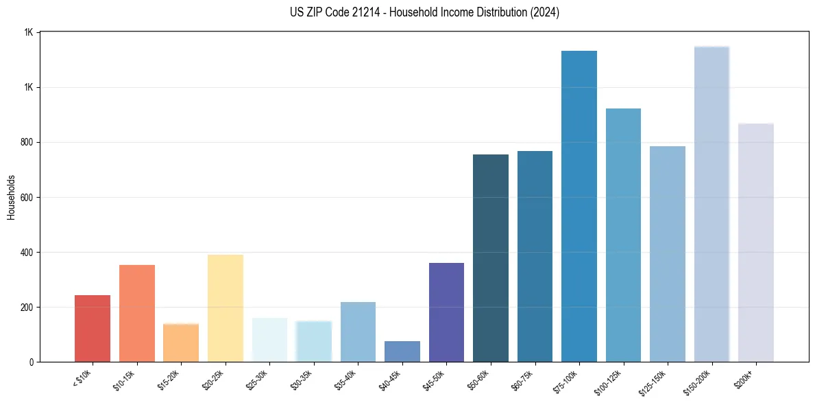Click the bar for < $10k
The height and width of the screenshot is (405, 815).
92,328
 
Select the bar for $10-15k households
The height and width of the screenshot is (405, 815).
136,313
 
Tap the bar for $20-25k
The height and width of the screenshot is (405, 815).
225,308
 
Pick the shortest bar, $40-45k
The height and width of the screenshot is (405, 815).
402,351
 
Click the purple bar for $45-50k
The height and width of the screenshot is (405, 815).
446,312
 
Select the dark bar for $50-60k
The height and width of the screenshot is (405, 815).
491,258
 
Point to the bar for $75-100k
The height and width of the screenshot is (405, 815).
579,206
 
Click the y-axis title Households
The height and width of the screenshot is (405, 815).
11,197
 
